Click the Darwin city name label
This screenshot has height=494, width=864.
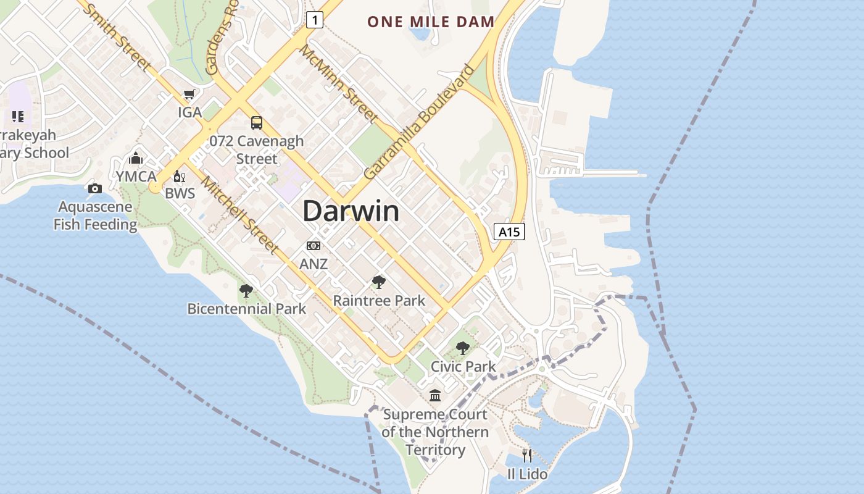(351, 212)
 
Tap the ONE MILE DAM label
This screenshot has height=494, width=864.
(431, 22)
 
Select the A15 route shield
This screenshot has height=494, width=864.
(510, 232)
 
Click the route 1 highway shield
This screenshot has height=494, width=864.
(315, 20)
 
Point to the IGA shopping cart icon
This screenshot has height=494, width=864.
(189, 94)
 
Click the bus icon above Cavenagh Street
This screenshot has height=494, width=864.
(257, 122)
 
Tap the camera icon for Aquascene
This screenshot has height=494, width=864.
(95, 188)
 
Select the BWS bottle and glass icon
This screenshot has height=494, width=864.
(180, 177)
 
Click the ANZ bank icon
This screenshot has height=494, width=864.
(314, 246)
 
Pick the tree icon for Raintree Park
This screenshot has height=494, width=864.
(379, 283)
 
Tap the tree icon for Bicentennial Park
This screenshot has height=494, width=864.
(246, 290)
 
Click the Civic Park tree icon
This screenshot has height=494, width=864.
(463, 348)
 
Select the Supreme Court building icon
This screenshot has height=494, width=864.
(435, 395)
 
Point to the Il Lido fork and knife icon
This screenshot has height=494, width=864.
(527, 456)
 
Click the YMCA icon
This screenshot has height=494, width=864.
(136, 159)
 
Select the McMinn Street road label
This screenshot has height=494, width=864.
(339, 83)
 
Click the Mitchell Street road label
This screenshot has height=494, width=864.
(240, 216)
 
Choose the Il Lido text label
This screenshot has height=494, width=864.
(527, 474)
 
